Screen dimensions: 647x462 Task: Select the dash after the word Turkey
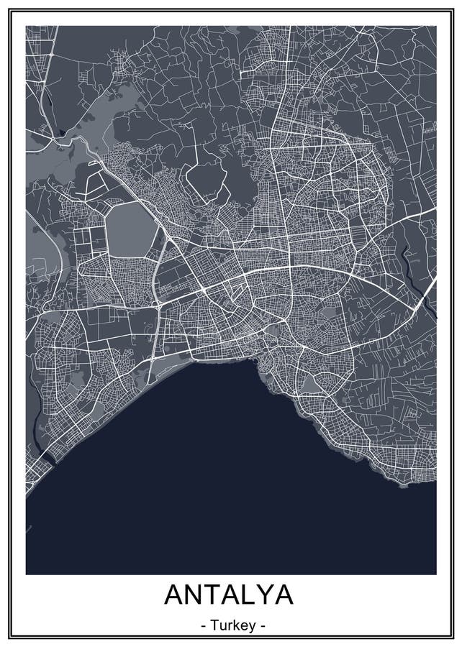[263, 626]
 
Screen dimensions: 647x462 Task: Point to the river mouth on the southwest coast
[45, 456]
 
